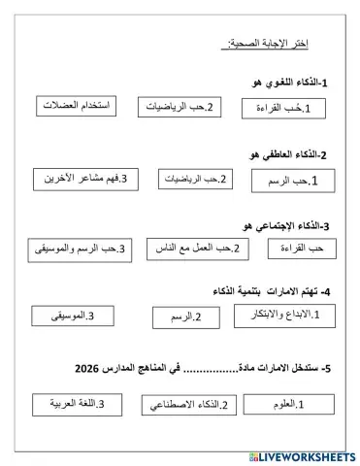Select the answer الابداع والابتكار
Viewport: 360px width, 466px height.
(x=280, y=315)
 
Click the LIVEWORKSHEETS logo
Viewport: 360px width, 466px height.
(x=301, y=455)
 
